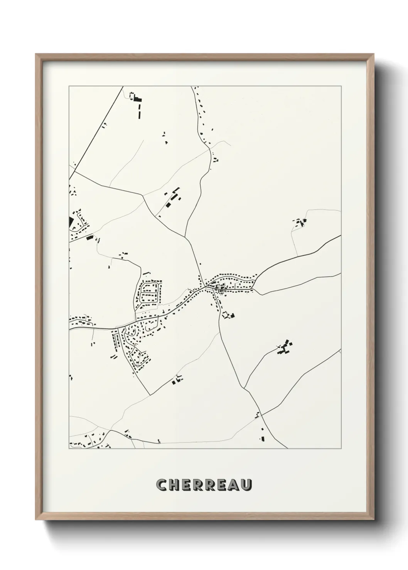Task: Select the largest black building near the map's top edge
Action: [x=138, y=99]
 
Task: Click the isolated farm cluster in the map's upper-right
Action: [x=300, y=222]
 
